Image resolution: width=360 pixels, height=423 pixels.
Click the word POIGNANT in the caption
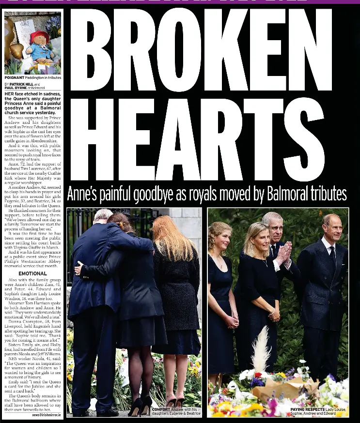click(x=14, y=77)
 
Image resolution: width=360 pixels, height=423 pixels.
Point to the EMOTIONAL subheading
click(x=32, y=273)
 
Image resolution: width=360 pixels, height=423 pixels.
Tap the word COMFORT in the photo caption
click(x=161, y=409)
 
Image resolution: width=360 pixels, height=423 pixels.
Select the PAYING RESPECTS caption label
click(x=307, y=409)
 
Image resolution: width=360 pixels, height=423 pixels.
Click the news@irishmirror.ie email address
click(x=47, y=415)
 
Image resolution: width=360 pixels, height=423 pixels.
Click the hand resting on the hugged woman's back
click(x=78, y=268)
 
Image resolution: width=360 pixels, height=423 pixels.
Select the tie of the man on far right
click(x=333, y=254)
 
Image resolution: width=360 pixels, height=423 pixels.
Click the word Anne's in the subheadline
click(x=84, y=195)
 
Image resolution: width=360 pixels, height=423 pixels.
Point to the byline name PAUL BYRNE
click(x=16, y=88)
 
